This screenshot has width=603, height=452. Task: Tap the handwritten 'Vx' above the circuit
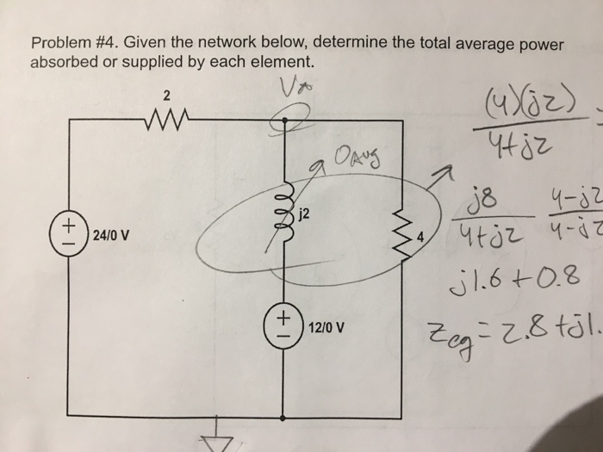289,83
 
